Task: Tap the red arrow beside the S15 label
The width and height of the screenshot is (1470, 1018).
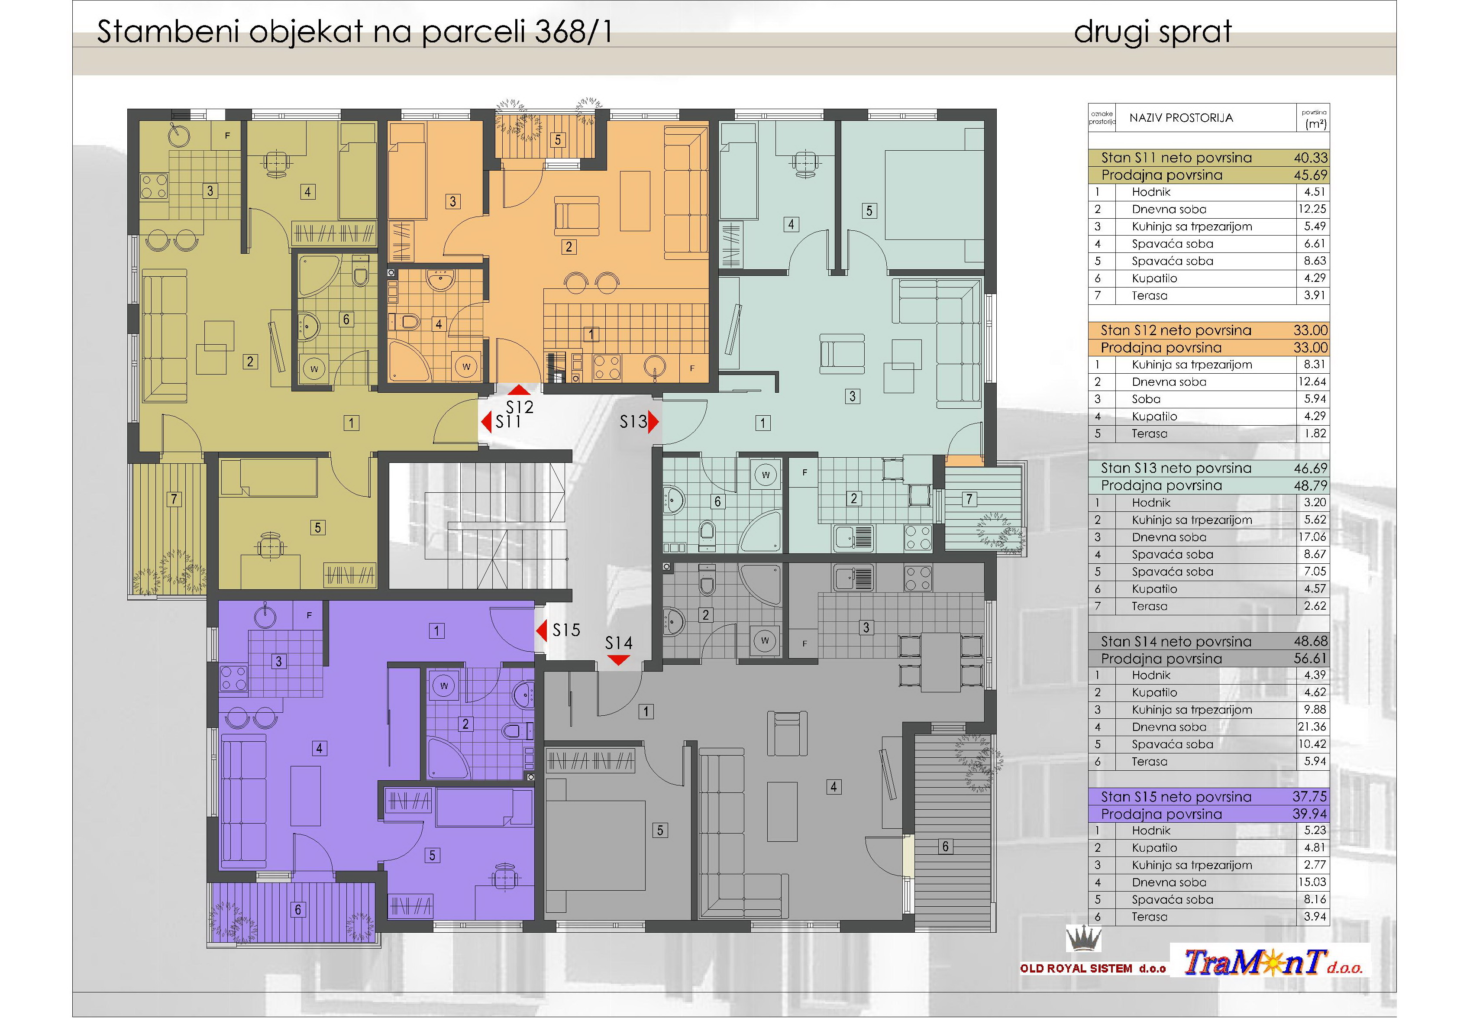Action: (541, 631)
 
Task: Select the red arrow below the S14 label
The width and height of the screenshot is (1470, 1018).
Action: (618, 661)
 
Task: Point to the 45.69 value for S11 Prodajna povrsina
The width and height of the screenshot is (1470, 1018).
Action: (1311, 175)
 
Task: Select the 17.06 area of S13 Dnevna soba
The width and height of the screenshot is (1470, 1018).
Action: (1312, 537)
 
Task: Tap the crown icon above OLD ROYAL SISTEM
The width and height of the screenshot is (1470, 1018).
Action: (1083, 939)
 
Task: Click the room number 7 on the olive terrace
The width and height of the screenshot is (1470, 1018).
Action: (174, 499)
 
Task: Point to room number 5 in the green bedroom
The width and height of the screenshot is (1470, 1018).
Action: (869, 210)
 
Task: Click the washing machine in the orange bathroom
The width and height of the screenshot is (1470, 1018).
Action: (467, 366)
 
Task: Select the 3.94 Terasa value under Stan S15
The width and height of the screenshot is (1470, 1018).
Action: (1315, 917)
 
